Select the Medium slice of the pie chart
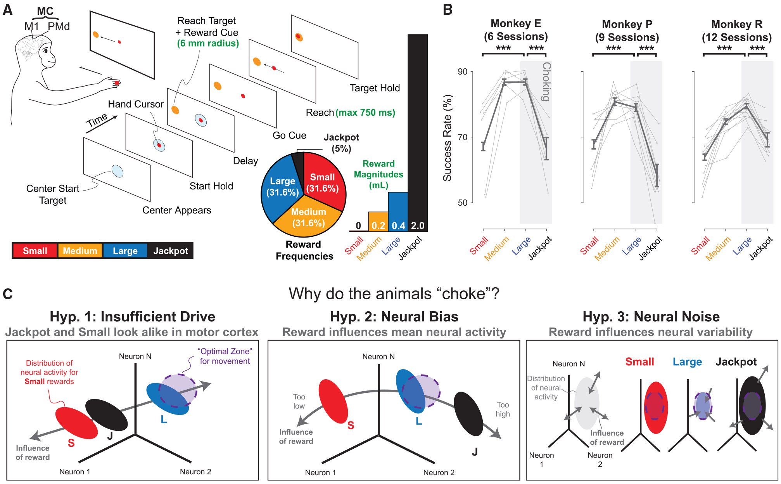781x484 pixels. [x=308, y=217]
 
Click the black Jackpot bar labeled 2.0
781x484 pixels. [x=418, y=132]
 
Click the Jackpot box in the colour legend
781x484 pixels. [x=170, y=251]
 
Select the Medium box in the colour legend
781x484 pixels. [x=80, y=251]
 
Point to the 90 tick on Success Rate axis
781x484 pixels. [x=463, y=72]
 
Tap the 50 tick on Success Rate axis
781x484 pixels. [x=463, y=203]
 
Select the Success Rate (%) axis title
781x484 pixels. [x=448, y=138]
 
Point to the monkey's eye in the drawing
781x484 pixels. [x=46, y=51]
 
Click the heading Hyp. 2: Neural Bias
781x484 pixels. [x=394, y=317]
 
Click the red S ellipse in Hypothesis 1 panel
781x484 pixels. [x=76, y=423]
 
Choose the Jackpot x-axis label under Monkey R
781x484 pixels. [x=761, y=248]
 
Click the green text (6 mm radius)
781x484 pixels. [x=208, y=43]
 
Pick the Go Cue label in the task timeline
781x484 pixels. [x=289, y=135]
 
